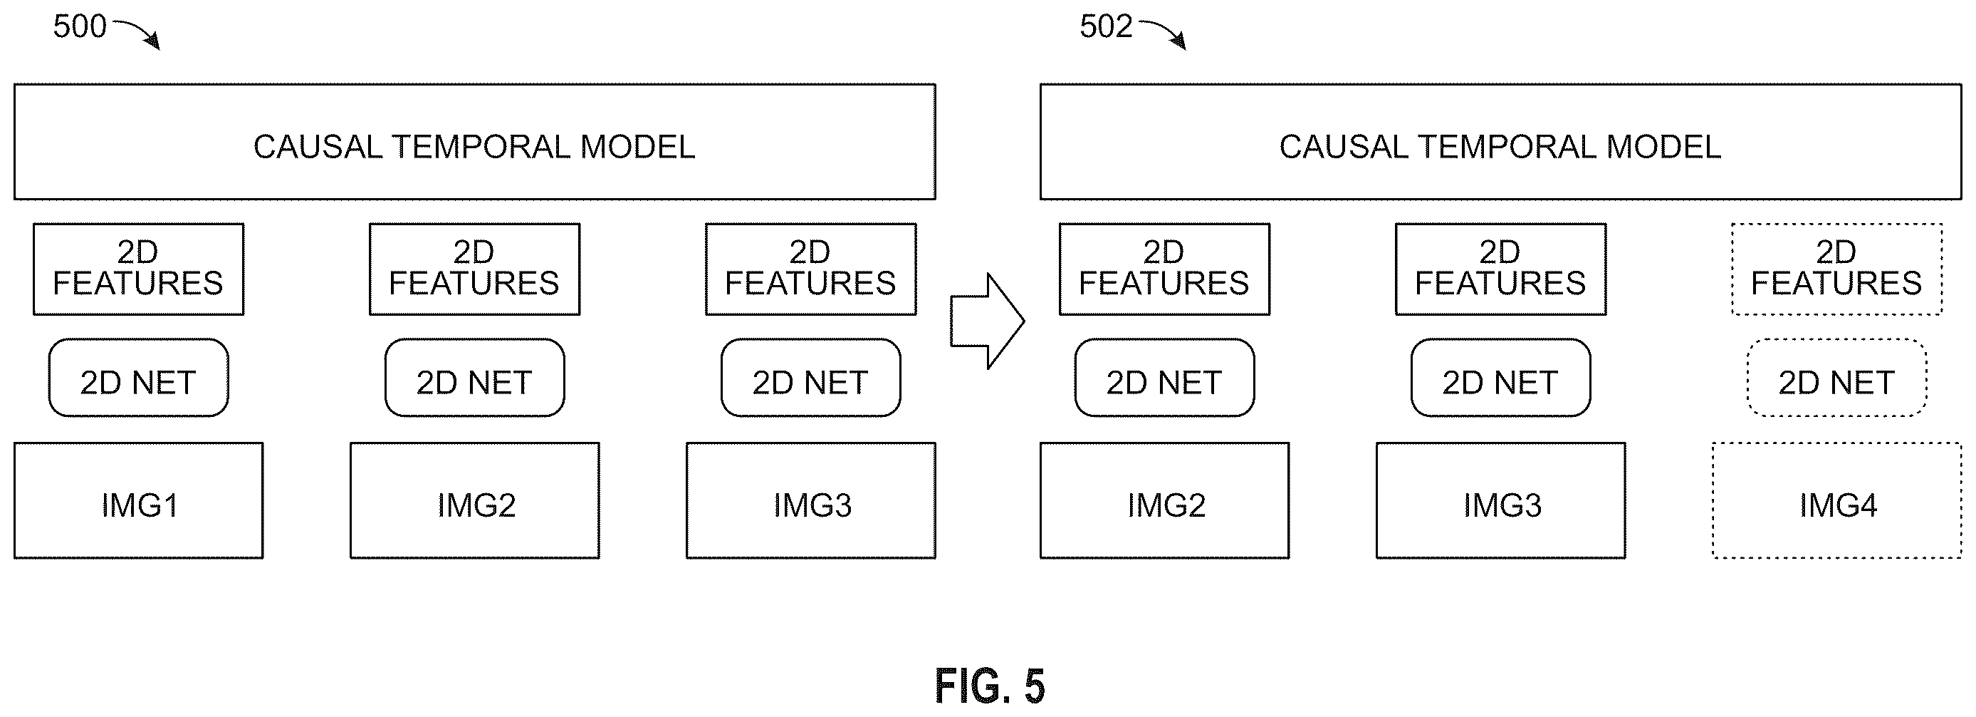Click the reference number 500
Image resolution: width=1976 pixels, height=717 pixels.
(79, 27)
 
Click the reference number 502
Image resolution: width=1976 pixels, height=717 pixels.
(1105, 27)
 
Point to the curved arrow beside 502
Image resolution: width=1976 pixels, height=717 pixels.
(1164, 32)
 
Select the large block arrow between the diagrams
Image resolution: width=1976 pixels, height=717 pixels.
(987, 321)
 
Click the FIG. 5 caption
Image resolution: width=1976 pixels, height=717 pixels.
(990, 686)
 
